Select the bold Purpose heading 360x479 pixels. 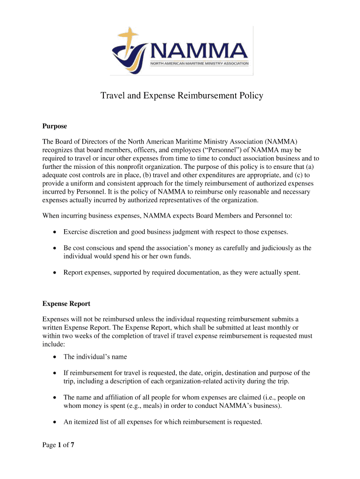pos(55,126)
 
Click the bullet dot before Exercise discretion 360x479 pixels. pos(55,232)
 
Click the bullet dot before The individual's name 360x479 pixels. pos(55,357)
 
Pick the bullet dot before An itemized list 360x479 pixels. pos(55,422)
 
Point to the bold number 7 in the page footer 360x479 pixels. pos(72,445)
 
